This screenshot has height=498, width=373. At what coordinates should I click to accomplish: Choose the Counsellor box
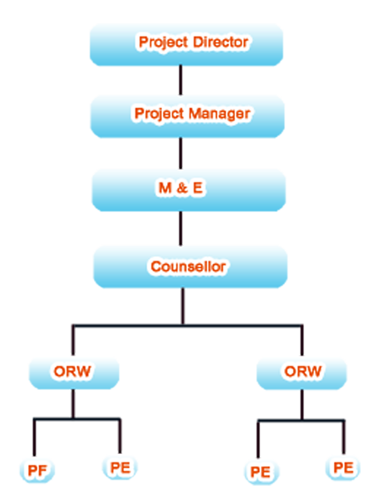coord(189,267)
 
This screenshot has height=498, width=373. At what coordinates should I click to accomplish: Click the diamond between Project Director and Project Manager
coord(181,81)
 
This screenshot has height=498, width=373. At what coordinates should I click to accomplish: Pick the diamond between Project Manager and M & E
coord(181,153)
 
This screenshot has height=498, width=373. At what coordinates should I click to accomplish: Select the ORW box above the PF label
coord(73,371)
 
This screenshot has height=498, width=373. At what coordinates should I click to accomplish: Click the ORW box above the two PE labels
coord(302,371)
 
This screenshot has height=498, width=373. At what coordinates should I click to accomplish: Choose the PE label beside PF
coord(119,469)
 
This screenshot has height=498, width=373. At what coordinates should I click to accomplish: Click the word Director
coord(220,41)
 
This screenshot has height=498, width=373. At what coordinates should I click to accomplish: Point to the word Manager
coord(222,113)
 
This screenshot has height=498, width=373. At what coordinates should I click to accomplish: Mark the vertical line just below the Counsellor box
coord(181,305)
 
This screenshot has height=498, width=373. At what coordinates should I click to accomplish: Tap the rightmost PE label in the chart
coord(344,468)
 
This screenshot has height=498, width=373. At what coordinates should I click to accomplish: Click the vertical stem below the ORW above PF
coord(73,403)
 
